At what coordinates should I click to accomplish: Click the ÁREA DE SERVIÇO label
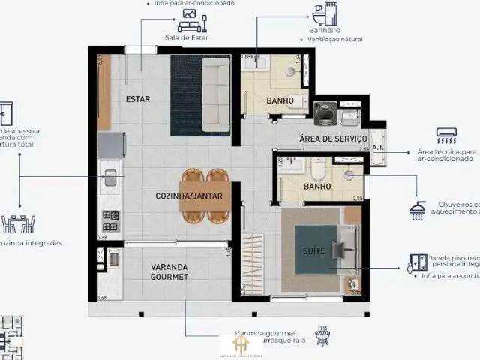click(333, 139)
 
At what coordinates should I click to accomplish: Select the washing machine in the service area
click(325, 115)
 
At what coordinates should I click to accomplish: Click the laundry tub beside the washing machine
click(349, 116)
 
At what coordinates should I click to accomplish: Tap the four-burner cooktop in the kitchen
click(110, 220)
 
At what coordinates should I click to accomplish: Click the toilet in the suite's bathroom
click(319, 172)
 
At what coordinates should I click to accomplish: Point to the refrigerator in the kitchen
click(111, 145)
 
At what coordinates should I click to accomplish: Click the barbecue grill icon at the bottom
click(322, 336)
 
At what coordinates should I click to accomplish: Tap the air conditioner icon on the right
click(446, 136)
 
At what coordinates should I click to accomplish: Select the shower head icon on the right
click(418, 210)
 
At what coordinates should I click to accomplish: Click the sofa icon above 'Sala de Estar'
click(187, 21)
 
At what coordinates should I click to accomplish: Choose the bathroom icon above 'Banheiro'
click(325, 15)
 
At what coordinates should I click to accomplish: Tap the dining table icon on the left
click(19, 223)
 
